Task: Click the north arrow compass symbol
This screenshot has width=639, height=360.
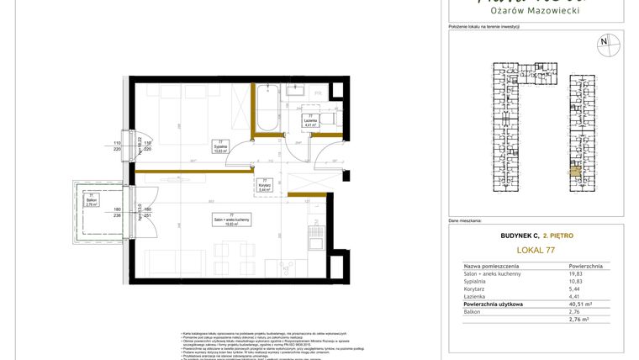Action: [x=603, y=42]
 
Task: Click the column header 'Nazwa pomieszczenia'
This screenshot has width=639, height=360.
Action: [x=494, y=265]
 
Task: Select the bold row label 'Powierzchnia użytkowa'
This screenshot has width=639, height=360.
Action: [x=494, y=304]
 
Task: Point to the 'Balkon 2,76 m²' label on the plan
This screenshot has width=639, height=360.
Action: [x=92, y=201]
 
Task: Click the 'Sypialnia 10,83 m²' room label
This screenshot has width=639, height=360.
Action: [x=219, y=148]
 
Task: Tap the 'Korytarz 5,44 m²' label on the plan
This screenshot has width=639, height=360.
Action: [x=264, y=188]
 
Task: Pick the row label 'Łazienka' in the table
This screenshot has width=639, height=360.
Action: [x=476, y=296]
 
